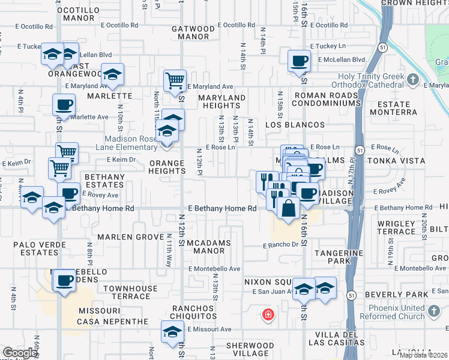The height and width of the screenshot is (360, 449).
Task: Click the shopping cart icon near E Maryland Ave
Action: (x=175, y=80)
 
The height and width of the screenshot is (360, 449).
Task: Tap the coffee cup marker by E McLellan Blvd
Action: (x=299, y=61)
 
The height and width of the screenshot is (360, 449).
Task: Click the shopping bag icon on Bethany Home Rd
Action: (x=288, y=209)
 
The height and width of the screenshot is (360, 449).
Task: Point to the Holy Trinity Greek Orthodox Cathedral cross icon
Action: (x=412, y=79)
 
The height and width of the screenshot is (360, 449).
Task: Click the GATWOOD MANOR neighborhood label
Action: (x=193, y=32)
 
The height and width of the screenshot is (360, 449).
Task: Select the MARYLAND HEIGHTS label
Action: (x=222, y=102)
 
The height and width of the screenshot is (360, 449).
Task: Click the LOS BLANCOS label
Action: (x=295, y=125)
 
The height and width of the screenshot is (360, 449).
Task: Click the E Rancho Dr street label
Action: (x=280, y=245)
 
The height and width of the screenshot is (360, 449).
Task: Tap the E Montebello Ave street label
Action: (x=214, y=269)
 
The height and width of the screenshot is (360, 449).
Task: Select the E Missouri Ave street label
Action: (x=209, y=329)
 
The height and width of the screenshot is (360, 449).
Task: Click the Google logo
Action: (x=20, y=353)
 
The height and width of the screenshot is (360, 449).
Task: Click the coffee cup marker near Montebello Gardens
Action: (x=64, y=280)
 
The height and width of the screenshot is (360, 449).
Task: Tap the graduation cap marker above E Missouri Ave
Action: (x=172, y=332)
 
